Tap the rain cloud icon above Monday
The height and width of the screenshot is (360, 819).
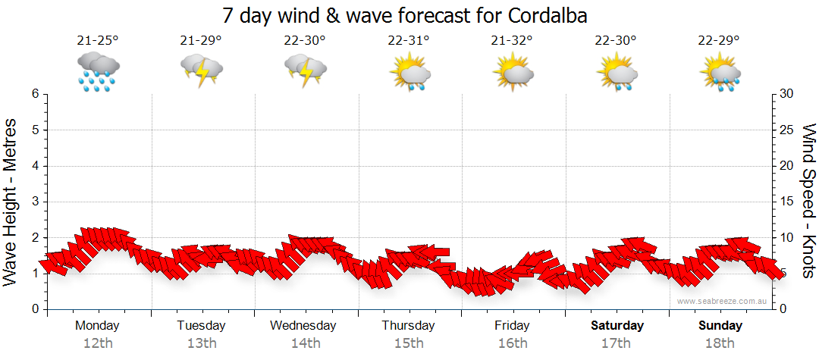tap(98, 71)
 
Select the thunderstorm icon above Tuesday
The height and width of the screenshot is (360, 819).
tap(201, 71)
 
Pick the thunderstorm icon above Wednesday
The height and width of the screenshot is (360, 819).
tap(305, 71)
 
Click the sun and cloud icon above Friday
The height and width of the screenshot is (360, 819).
tap(512, 71)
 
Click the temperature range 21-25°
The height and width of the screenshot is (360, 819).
tap(98, 41)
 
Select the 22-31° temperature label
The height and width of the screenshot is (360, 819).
tap(409, 41)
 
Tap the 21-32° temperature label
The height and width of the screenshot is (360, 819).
tap(512, 41)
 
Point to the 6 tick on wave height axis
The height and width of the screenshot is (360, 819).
tap(34, 94)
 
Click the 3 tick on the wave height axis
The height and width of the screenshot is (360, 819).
tap(34, 202)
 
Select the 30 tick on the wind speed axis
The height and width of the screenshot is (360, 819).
tap(786, 94)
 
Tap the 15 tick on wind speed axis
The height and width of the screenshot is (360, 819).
tap(786, 202)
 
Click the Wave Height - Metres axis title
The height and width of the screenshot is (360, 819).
tap(12, 202)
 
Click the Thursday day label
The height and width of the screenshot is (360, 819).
tap(409, 326)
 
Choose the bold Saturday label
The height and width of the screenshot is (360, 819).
tap(617, 326)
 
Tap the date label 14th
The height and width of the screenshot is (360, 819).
tap(305, 343)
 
